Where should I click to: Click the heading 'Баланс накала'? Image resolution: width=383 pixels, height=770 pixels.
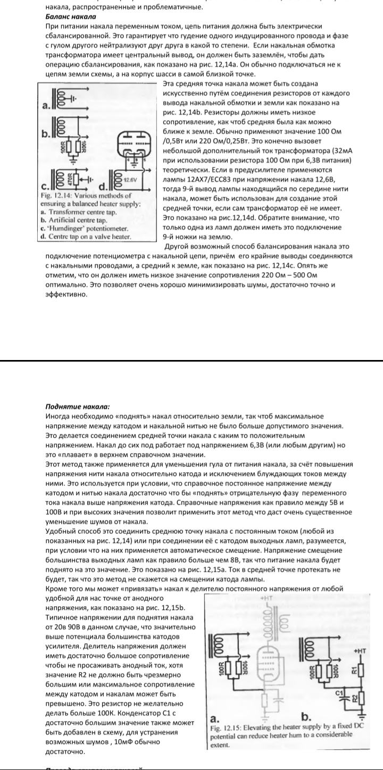pyautogui.click(x=67, y=16)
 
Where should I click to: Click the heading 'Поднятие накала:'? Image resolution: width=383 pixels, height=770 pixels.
pyautogui.click(x=78, y=407)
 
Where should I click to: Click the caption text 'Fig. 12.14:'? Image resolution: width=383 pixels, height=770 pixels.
pyautogui.click(x=58, y=196)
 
